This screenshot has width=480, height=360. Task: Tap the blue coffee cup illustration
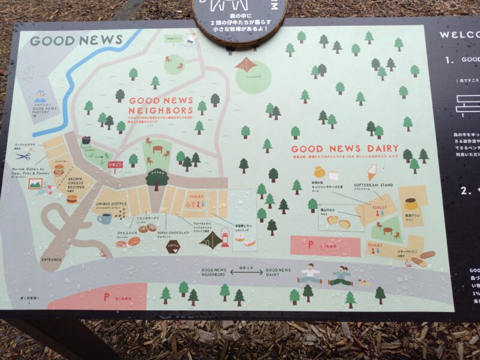(x=104, y=218)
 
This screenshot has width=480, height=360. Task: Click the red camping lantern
(x=226, y=238)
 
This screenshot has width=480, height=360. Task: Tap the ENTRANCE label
(x=52, y=259)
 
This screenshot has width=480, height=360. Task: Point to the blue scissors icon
(x=23, y=156)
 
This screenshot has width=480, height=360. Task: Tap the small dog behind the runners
(x=364, y=281)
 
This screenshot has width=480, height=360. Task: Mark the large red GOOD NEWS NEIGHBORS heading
(x=161, y=106)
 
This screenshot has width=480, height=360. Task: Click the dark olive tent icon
(x=211, y=239)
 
